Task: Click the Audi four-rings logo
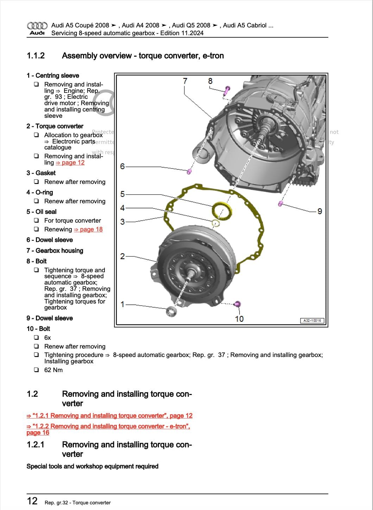pyautogui.click(x=37, y=26)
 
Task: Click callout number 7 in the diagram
pyautogui.click(x=185, y=81)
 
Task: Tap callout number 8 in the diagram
pyautogui.click(x=210, y=81)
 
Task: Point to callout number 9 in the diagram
pyautogui.click(x=320, y=211)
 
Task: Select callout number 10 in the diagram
pyautogui.click(x=239, y=319)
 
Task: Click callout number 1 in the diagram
pyautogui.click(x=122, y=304)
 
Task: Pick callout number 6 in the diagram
pyautogui.click(x=122, y=166)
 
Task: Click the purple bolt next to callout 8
pyautogui.click(x=227, y=90)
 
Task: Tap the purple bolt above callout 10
pyautogui.click(x=238, y=304)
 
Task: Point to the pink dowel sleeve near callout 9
pyautogui.click(x=280, y=203)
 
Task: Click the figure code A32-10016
pyautogui.click(x=312, y=320)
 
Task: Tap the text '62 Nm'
pyautogui.click(x=53, y=370)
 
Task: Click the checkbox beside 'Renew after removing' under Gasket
pyautogui.click(x=36, y=182)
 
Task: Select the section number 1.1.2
pyautogui.click(x=36, y=56)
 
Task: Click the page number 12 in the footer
pyautogui.click(x=32, y=501)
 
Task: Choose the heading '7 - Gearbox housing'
pyautogui.click(x=55, y=251)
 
